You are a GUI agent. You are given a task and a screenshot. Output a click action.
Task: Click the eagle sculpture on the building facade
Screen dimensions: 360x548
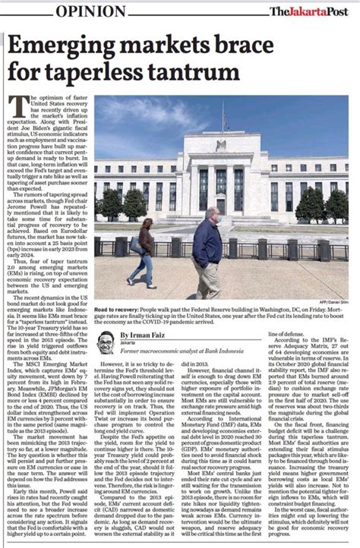coord(220,145)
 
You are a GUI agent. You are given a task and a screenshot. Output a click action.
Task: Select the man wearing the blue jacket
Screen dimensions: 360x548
coord(207,247)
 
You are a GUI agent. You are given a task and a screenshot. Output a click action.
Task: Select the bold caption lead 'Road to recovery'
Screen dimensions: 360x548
coord(116,310)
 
